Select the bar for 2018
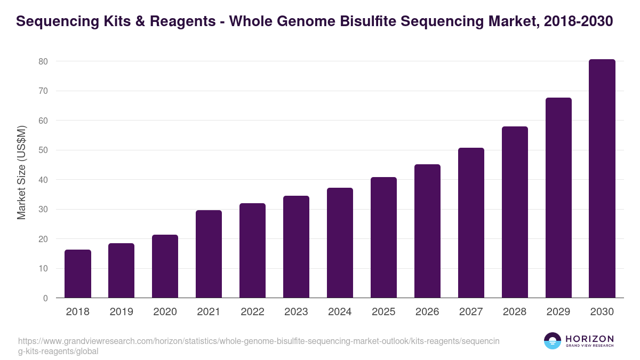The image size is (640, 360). (x=78, y=274)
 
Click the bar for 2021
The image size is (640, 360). (x=209, y=254)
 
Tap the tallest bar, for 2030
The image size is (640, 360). (x=602, y=179)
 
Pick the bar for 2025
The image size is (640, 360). (x=383, y=237)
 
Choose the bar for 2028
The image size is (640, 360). (x=515, y=212)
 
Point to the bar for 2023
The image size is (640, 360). (x=296, y=247)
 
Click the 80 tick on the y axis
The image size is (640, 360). (x=43, y=61)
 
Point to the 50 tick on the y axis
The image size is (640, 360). (x=43, y=150)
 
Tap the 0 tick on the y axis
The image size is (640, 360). (x=45, y=298)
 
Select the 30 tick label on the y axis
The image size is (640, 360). (x=43, y=210)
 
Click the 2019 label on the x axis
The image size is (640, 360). (x=122, y=312)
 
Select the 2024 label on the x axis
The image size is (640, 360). (x=340, y=312)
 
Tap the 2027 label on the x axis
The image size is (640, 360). (x=471, y=312)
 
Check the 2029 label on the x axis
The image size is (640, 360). (x=558, y=312)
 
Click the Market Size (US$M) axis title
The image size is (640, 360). (x=21, y=172)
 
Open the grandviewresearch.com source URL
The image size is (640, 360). (x=259, y=346)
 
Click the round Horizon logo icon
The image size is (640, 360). (x=553, y=341)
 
